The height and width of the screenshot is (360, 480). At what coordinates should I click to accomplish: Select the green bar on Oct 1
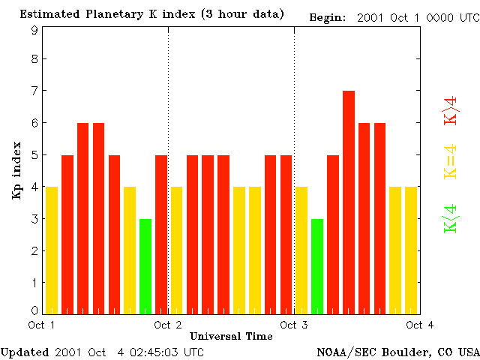pyautogui.click(x=145, y=265)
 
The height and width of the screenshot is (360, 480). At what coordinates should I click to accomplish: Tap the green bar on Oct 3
pyautogui.click(x=317, y=265)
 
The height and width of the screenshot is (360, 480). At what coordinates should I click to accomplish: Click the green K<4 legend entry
pyautogui.click(x=451, y=218)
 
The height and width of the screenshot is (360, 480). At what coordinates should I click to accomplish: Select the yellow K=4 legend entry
pyautogui.click(x=451, y=161)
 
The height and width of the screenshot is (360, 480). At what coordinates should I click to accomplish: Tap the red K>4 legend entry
pyautogui.click(x=451, y=109)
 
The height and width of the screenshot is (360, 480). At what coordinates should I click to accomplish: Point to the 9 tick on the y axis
pyautogui.click(x=34, y=30)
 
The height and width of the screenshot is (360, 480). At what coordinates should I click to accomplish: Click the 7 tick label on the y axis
pyautogui.click(x=34, y=91)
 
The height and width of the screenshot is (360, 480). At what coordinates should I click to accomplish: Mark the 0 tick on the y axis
pyautogui.click(x=34, y=310)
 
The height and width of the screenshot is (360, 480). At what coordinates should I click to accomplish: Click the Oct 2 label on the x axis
pyautogui.click(x=168, y=324)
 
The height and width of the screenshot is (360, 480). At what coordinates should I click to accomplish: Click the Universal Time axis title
pyautogui.click(x=231, y=335)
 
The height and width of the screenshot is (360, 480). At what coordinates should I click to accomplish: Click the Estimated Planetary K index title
pyautogui.click(x=151, y=14)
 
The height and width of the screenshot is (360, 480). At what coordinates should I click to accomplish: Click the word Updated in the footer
pyautogui.click(x=24, y=352)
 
